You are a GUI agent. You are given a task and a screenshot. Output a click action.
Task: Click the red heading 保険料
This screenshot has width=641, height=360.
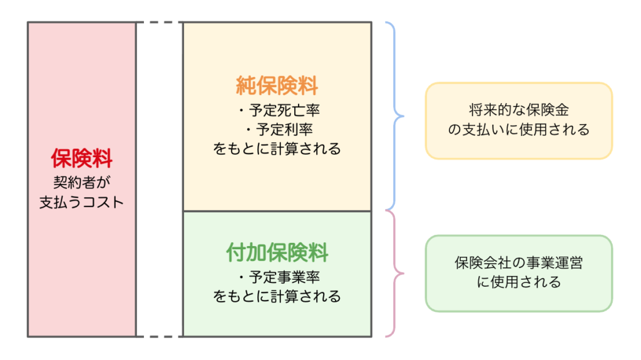(x=81, y=159)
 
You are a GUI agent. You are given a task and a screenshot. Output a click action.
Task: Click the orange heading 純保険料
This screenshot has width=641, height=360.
(x=277, y=86)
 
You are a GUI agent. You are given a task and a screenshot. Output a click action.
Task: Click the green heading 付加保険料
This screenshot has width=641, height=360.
(x=277, y=253)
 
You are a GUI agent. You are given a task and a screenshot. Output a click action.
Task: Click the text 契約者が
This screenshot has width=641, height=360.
(x=81, y=183)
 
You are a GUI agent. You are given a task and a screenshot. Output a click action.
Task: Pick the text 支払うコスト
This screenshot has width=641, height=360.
(x=81, y=203)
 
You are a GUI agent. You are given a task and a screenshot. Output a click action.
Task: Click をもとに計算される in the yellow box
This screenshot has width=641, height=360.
(x=277, y=149)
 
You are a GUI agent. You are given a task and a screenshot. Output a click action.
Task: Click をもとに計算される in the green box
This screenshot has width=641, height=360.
(x=277, y=296)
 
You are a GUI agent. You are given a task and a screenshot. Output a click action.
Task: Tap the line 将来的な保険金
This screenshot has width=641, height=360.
(x=519, y=111)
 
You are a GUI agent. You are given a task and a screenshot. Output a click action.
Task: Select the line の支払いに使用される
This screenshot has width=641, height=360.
(x=519, y=130)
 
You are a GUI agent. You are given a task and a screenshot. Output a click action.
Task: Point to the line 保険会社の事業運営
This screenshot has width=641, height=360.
(x=519, y=263)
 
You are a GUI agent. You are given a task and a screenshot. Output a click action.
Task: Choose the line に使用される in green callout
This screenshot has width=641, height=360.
(x=519, y=282)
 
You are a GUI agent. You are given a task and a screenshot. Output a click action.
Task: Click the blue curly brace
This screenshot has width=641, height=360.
(x=396, y=116)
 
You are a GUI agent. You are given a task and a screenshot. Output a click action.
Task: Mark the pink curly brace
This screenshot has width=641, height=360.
(x=396, y=274)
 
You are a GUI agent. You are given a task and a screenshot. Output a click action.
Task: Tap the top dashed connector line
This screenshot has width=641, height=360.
(x=159, y=23)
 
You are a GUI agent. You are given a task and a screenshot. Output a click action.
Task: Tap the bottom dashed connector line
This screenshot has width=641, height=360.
(x=159, y=337)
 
